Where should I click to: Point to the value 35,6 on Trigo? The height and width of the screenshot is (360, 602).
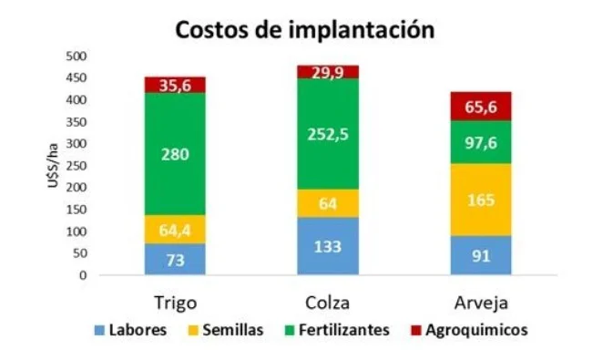tap(174, 86)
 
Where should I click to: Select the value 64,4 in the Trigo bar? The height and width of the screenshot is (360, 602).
tap(174, 229)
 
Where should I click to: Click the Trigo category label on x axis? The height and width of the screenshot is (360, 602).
tap(174, 302)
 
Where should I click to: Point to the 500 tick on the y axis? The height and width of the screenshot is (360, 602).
tap(76, 56)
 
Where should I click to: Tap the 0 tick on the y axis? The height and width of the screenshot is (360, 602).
tap(83, 275)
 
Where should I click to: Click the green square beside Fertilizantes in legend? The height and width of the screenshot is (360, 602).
tap(290, 329)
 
